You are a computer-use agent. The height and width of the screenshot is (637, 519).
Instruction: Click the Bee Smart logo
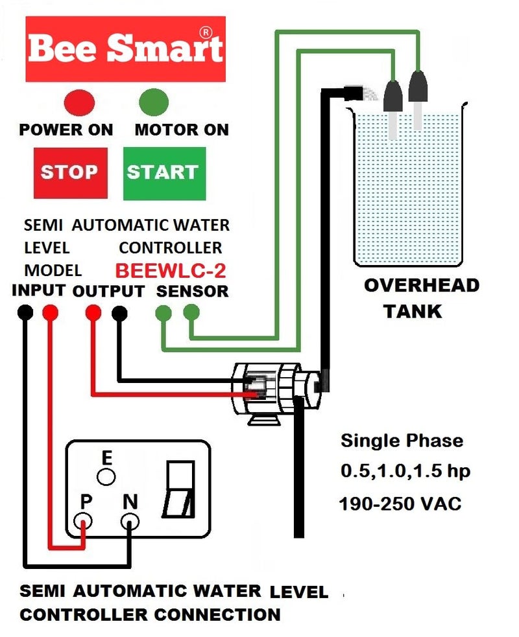pyautogui.click(x=125, y=49)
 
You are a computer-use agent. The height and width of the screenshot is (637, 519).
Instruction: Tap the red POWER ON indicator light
pyautogui.click(x=79, y=102)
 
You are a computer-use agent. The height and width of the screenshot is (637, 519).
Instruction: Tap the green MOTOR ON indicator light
pyautogui.click(x=154, y=102)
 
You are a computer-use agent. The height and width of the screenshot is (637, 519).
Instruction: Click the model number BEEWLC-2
pyautogui.click(x=171, y=270)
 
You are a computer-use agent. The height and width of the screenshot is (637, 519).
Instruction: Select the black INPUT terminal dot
pyautogui.click(x=25, y=313)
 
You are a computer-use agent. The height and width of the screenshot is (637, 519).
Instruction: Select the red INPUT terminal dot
pyautogui.click(x=50, y=313)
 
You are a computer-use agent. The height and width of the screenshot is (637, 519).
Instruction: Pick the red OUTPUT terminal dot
pyautogui.click(x=93, y=313)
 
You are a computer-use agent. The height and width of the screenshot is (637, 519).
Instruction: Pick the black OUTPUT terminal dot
pyautogui.click(x=119, y=313)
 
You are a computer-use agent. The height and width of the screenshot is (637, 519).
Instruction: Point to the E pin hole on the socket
pyautogui.click(x=106, y=478)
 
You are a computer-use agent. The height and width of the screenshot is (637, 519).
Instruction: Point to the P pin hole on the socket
pyautogui.click(x=82, y=520)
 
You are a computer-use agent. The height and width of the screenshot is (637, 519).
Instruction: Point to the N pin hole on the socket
pyautogui.click(x=130, y=520)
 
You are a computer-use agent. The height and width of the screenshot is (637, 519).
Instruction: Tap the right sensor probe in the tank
pyautogui.click(x=417, y=100)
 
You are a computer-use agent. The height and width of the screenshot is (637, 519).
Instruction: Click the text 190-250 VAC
pyautogui.click(x=400, y=504)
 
